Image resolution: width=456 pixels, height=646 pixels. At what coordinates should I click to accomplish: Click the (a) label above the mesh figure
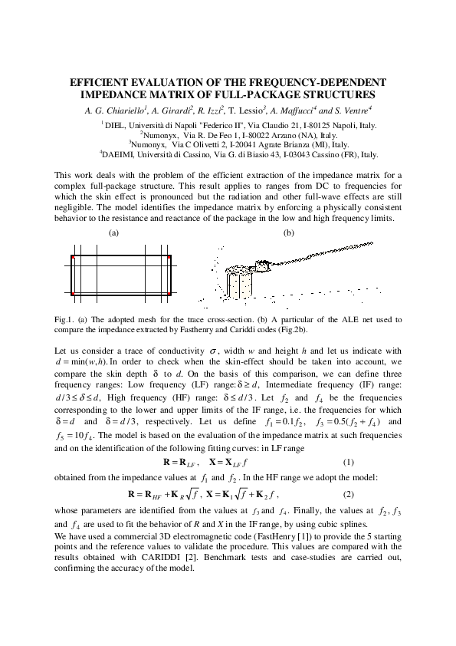tap(114, 232)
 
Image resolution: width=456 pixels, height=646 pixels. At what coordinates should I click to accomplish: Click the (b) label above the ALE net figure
tap(289, 232)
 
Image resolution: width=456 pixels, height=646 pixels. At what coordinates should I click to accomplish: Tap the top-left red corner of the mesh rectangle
tap(72, 258)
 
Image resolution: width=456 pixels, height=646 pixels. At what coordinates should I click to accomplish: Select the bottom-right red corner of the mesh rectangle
tap(169, 293)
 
